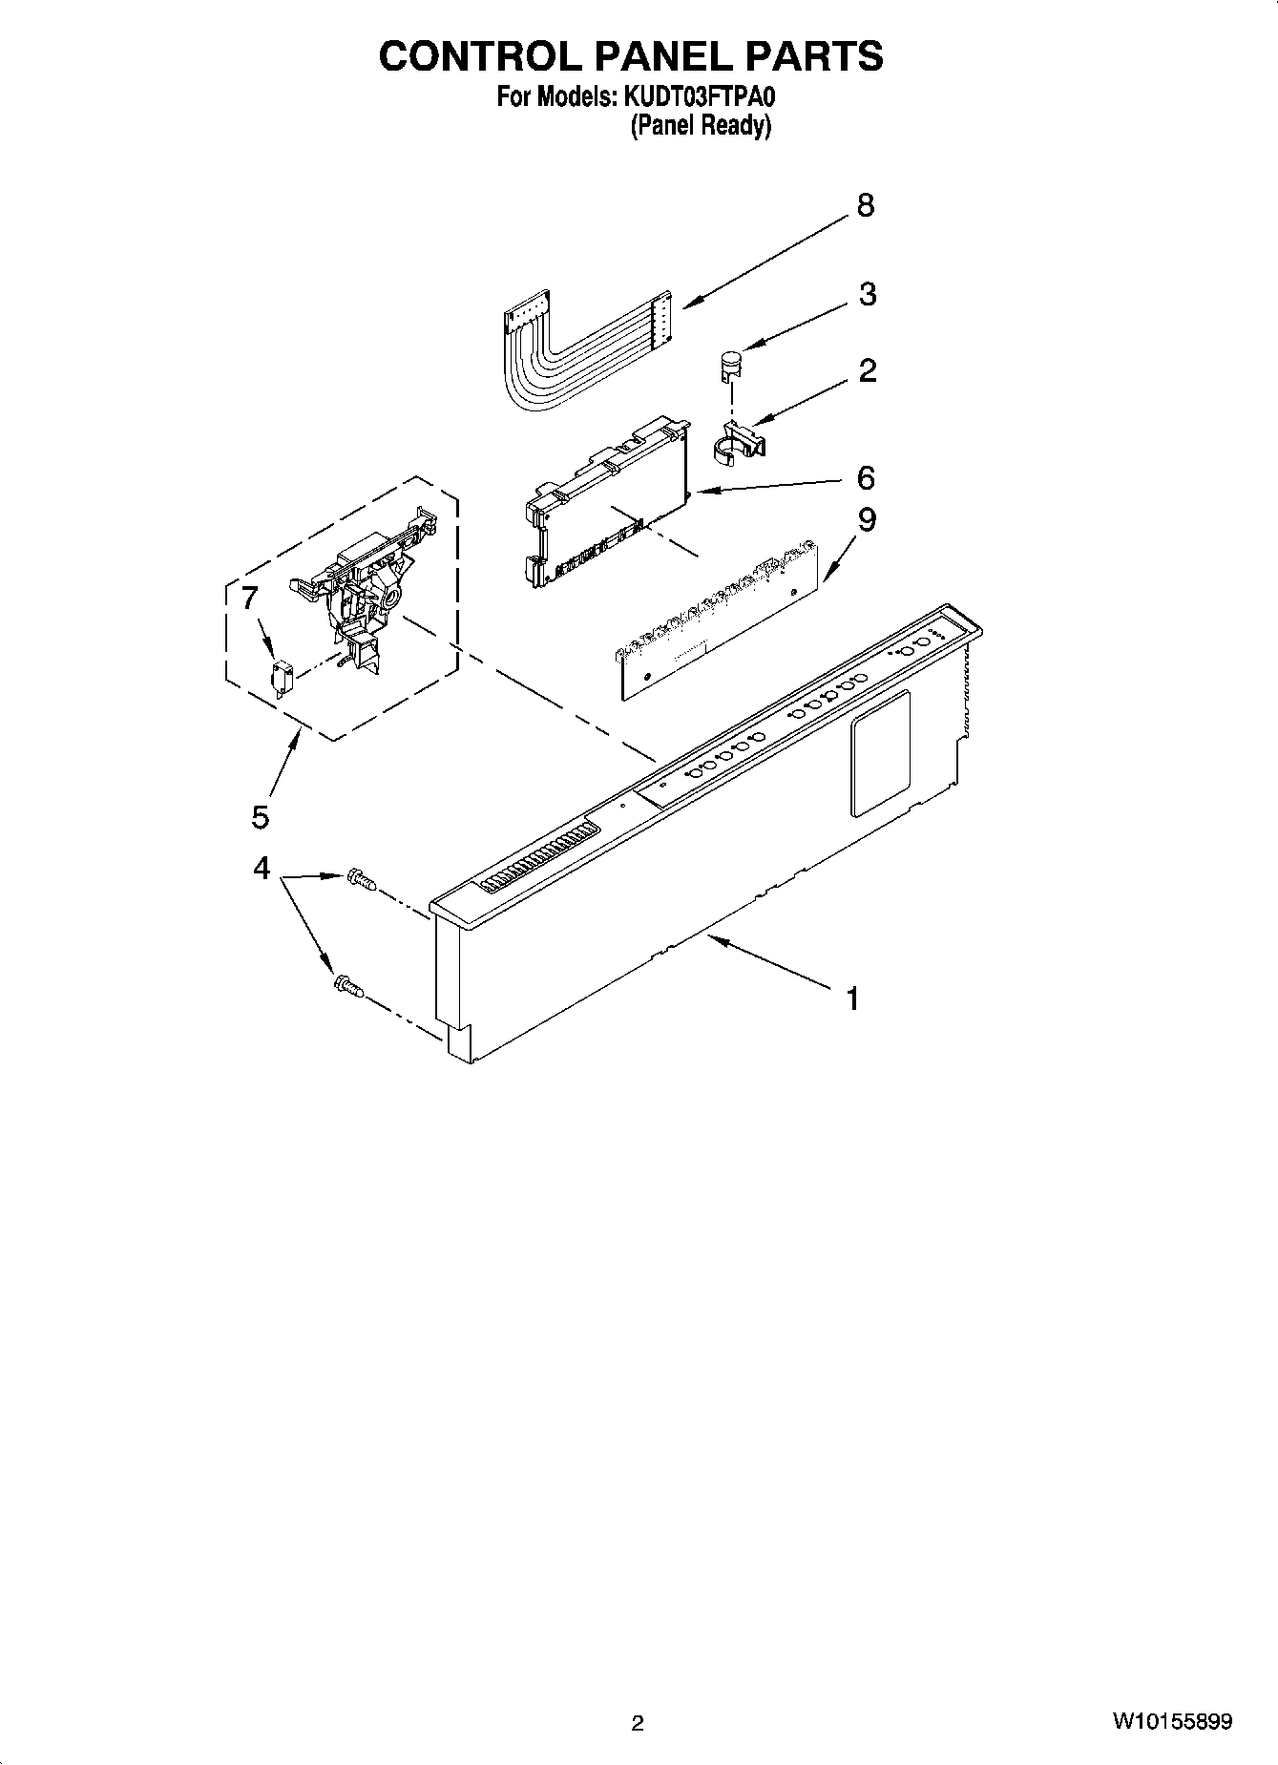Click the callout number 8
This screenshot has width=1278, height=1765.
point(865,205)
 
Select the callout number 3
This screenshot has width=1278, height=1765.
point(867,294)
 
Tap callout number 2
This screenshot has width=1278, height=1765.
point(867,370)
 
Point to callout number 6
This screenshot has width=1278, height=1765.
point(866,477)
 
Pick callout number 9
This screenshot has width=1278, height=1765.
point(866,520)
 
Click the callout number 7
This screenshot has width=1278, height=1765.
point(249,599)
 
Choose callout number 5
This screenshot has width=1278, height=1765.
point(261,816)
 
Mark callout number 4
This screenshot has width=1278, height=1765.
point(261,869)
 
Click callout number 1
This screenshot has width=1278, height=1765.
point(852,999)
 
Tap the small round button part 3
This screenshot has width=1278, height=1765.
point(731,364)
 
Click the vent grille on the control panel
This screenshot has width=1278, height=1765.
point(537,857)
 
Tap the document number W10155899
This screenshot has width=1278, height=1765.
point(1171,1722)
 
